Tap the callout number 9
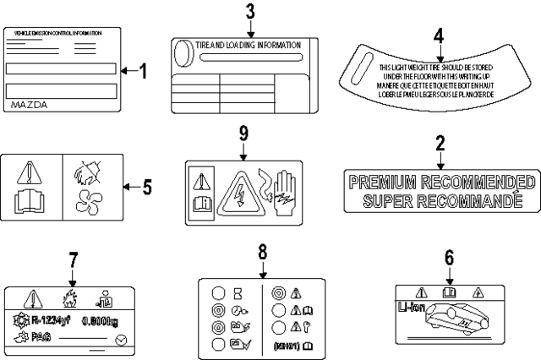(243, 134)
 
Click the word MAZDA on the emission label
(31, 106)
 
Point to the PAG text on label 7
(41, 337)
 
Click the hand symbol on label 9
(285, 190)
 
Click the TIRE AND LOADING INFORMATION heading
(248, 46)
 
